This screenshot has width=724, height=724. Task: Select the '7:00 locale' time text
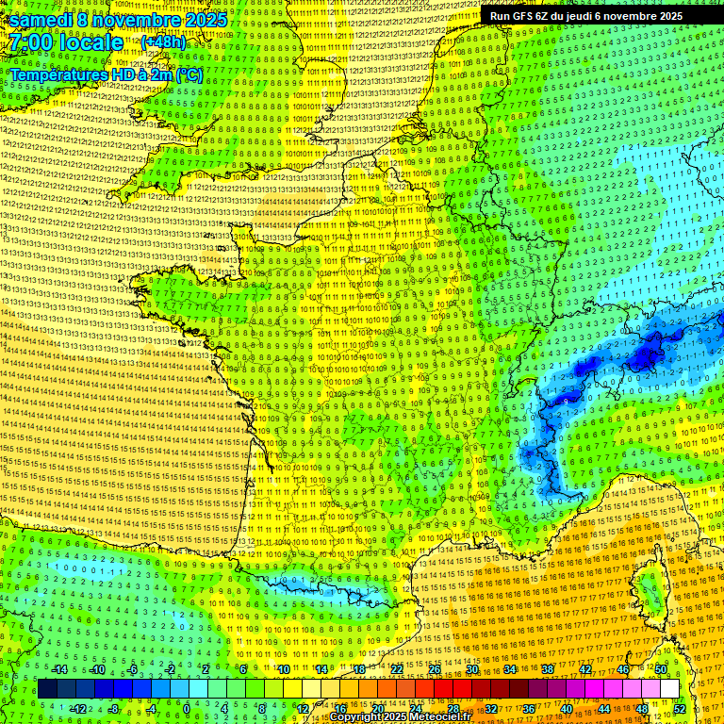point(64,42)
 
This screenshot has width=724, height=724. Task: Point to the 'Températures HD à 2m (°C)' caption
point(107,74)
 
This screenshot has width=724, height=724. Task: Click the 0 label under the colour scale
point(187,708)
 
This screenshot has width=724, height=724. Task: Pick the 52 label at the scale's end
point(680,708)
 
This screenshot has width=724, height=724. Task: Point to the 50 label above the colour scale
point(661,669)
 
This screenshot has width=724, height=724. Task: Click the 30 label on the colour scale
point(472,669)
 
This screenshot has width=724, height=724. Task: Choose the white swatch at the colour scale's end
point(669,689)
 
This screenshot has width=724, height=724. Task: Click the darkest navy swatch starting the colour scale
point(48,689)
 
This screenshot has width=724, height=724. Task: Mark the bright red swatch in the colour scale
point(443,689)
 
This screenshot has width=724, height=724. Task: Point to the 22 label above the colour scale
point(397,669)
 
